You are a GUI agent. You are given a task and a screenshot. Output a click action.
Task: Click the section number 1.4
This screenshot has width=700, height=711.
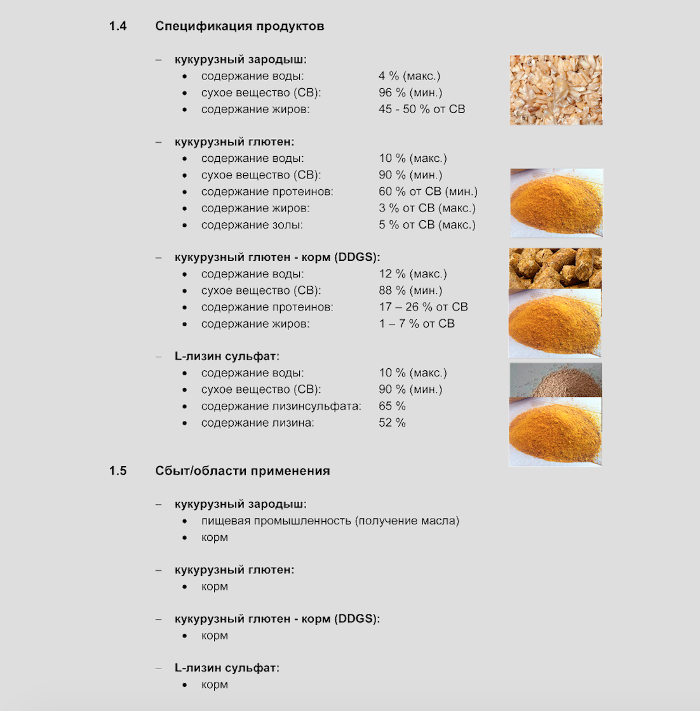pos(118,27)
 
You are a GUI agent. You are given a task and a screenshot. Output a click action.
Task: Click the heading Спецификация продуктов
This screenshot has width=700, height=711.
pos(239,27)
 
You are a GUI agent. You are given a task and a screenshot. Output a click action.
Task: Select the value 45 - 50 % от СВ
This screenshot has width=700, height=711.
pos(422,109)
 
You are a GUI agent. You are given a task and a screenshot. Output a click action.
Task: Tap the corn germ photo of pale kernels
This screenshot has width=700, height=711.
pos(555,90)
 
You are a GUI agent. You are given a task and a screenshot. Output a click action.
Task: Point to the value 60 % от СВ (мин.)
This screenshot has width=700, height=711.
pos(428,192)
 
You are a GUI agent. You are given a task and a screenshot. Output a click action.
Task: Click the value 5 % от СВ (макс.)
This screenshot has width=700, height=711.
pos(427,225)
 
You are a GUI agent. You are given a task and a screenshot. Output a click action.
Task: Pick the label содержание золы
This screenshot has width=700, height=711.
pos(252,225)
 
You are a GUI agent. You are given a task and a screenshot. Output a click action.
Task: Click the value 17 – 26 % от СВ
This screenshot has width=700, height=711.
pos(423,307)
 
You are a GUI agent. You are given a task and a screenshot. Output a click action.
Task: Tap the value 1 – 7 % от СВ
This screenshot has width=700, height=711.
pos(417,324)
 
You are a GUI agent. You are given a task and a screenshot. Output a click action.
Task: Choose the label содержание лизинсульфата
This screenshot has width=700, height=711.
pos(281,406)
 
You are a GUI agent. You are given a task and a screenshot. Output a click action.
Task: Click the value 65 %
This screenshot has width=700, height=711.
pos(392,406)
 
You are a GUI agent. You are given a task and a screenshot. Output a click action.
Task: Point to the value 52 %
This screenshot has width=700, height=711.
pos(392,423)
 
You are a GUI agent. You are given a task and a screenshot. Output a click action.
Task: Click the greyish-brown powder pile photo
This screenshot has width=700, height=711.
pos(555,380)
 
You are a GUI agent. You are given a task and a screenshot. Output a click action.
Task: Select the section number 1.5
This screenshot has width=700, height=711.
pos(118,471)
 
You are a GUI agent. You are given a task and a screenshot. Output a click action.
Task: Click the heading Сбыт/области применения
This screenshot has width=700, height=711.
pos(242,471)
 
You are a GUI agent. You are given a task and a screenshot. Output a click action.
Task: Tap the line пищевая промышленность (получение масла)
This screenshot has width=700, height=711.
pos(330,521)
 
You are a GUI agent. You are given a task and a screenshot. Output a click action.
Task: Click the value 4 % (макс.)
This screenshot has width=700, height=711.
pos(409,76)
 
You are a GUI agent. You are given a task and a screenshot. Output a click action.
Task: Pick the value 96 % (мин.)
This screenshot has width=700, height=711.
pos(410,93)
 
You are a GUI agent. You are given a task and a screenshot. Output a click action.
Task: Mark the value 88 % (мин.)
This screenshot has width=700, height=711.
pos(410,291)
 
